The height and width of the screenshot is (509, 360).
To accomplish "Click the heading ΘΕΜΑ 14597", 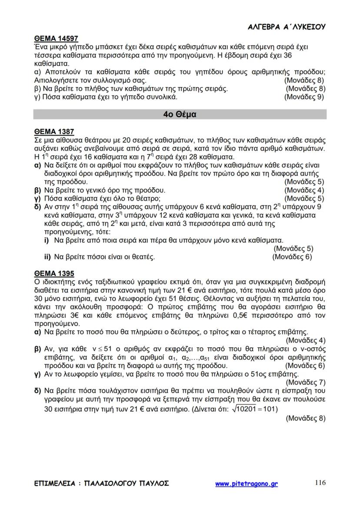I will coord(56,39).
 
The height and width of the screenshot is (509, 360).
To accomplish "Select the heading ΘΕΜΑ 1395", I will coord(54,273).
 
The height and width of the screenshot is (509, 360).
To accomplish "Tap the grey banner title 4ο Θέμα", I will coord(180,115).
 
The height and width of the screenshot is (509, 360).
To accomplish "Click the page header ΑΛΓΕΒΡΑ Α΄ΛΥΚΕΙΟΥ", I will coord(287,27).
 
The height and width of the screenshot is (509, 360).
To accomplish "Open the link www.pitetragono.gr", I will coord(246,484).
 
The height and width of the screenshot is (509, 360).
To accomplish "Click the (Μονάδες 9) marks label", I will coord(304,97).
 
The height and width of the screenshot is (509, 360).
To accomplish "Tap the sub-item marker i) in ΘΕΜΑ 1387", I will coord(47,240).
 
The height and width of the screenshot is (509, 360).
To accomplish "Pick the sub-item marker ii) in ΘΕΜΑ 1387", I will coord(47,257).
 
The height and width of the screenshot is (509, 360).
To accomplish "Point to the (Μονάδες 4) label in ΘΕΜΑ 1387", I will coord(304,190).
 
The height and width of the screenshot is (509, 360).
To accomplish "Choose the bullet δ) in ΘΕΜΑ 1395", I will coord(38,391).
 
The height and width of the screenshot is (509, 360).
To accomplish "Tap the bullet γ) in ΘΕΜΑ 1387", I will coord(37,199).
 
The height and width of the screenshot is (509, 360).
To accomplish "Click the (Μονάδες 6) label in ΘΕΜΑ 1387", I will coord(292,257).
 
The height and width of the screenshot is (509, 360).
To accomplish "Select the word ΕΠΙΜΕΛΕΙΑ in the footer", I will coord(53,484).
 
